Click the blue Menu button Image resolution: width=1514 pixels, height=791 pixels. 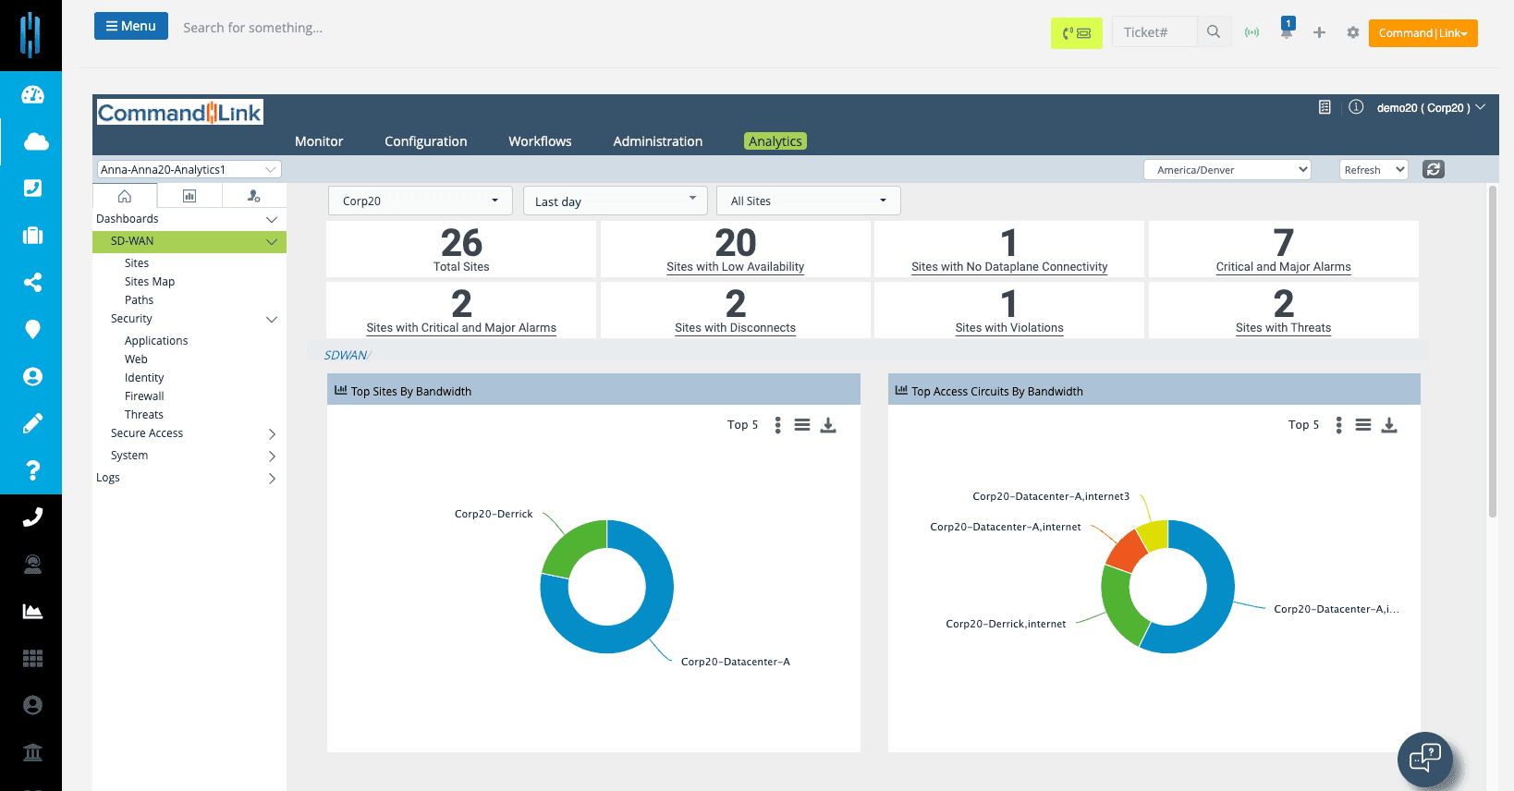tap(130, 26)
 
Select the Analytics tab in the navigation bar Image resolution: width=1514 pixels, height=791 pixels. tap(775, 141)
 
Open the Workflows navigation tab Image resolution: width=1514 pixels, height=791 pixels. tap(540, 141)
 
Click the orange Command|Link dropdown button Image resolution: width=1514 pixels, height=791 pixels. tap(1422, 33)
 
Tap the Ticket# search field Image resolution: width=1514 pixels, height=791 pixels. tap(1154, 32)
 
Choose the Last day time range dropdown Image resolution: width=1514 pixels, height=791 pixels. tap(615, 201)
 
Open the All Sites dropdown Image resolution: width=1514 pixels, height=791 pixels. tap(808, 201)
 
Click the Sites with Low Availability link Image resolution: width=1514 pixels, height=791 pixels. tap(735, 267)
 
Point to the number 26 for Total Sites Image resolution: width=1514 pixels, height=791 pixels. tap(461, 243)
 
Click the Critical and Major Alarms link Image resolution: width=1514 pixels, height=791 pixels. tap(1283, 267)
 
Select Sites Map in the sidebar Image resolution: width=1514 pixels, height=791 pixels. tap(150, 282)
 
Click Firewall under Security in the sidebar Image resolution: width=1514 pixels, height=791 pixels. tap(144, 396)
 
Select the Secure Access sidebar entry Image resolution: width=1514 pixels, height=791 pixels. tap(147, 433)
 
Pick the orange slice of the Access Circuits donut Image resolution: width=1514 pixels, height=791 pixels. tap(1127, 550)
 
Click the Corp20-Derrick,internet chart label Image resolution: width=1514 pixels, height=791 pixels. tap(1006, 624)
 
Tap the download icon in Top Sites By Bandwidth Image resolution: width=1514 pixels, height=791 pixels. tap(828, 425)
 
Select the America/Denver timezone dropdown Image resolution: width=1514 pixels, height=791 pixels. tap(1227, 170)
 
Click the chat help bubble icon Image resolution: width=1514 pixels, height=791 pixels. tap(1424, 760)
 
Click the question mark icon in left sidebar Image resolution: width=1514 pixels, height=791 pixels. tap(32, 470)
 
